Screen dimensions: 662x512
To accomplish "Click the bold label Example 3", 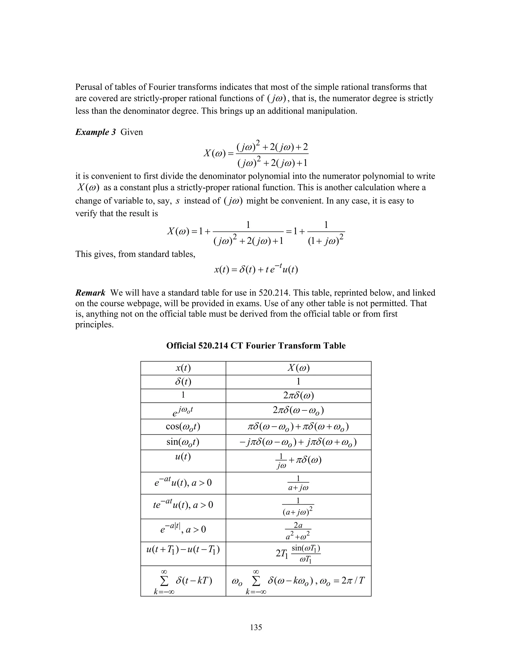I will click(x=95, y=132).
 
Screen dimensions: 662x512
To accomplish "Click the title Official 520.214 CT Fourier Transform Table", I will click(x=256, y=345).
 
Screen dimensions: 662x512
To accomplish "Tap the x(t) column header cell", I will click(x=183, y=368).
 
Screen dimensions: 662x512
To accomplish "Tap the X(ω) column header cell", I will click(x=298, y=368).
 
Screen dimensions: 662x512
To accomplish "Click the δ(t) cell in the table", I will click(x=183, y=382).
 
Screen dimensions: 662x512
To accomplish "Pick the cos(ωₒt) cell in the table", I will click(x=183, y=426).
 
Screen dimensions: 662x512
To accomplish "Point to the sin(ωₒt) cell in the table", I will click(x=183, y=442).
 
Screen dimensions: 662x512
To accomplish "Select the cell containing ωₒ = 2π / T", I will click(x=298, y=581).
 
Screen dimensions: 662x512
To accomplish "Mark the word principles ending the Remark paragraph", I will click(x=94, y=325).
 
